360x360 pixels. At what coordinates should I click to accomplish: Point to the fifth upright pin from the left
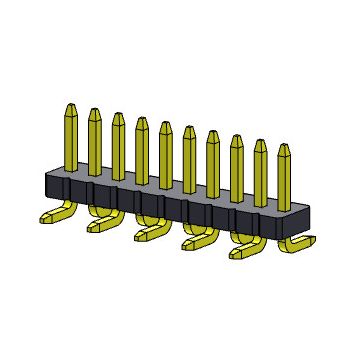165,151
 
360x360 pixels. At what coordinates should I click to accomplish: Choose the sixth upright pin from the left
189,156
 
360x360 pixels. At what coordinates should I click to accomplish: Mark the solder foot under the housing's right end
300,243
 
